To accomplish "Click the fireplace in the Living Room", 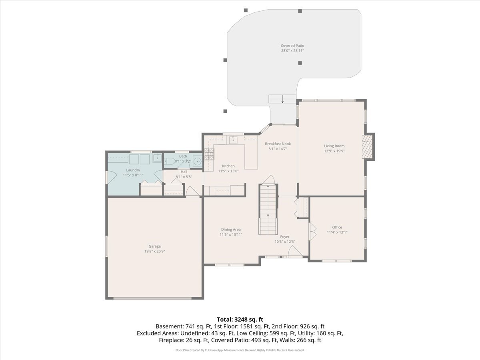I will pyautogui.click(x=367, y=146).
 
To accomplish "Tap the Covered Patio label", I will pyautogui.click(x=292, y=46).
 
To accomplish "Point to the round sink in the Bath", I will pyautogui.click(x=197, y=162).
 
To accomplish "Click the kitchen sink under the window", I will pyautogui.click(x=233, y=140).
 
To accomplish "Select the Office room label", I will pyautogui.click(x=337, y=227).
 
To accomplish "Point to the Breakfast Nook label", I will pyautogui.click(x=278, y=144).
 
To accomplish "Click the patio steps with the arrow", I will pyautogui.click(x=282, y=99).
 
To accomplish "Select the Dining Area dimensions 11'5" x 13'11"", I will pyautogui.click(x=230, y=235).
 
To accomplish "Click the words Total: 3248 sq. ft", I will pyautogui.click(x=240, y=319).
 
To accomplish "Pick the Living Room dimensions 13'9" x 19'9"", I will pyautogui.click(x=334, y=151).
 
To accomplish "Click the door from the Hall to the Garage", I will pyautogui.click(x=193, y=192).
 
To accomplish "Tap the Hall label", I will pyautogui.click(x=184, y=172).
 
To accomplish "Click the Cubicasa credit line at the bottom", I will pyautogui.click(x=240, y=350).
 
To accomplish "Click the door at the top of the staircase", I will pyautogui.click(x=270, y=179).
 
